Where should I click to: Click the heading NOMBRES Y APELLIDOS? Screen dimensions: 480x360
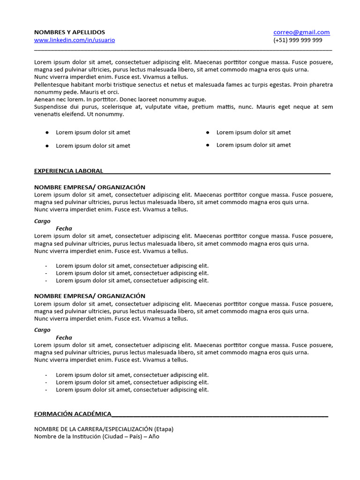69,32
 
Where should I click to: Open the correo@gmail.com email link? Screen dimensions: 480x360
301,32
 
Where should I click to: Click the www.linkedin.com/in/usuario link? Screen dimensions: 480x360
75,40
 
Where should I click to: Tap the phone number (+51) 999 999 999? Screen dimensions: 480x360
298,40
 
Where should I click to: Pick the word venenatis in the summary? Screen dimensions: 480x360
48,114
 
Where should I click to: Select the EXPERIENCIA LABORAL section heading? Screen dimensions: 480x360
68,171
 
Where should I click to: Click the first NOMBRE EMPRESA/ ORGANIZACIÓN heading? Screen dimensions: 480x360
90,187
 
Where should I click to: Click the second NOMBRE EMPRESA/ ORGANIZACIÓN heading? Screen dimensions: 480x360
90,296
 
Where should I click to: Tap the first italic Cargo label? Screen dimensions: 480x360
42,221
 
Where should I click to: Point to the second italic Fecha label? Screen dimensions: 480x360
64,337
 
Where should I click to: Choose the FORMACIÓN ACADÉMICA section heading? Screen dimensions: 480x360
73,413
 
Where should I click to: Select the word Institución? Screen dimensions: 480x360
84,436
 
